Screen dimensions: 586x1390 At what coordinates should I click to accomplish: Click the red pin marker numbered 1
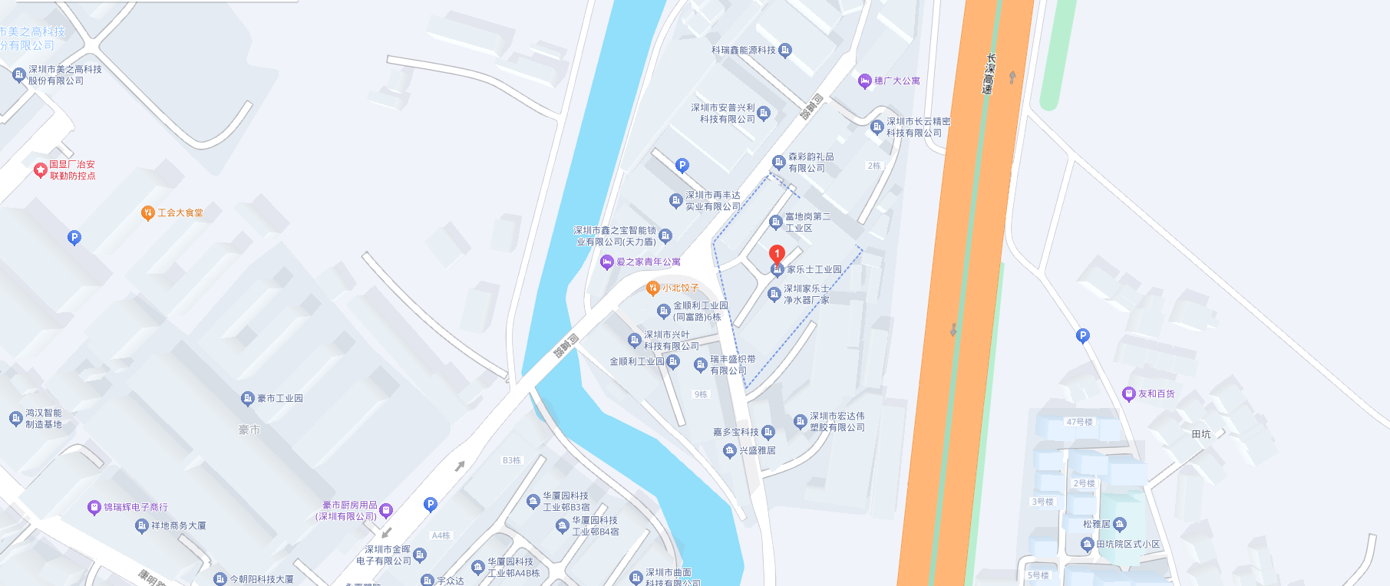(777, 254)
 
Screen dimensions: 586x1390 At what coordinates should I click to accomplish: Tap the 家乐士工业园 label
(814, 270)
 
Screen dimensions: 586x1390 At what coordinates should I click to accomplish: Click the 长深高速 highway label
(989, 74)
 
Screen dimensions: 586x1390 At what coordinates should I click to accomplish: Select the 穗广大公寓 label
(896, 81)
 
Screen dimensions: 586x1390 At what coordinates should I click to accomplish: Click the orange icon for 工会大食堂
(148, 213)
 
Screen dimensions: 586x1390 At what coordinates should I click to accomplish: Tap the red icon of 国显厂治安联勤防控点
(41, 170)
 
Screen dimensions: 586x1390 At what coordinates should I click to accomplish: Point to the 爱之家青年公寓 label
(648, 262)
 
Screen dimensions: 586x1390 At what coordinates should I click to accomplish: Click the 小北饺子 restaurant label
(680, 288)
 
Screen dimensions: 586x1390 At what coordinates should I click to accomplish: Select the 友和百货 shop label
(1156, 394)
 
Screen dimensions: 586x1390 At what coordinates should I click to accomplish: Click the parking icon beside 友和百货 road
(1082, 335)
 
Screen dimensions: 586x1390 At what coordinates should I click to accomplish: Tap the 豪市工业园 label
(279, 399)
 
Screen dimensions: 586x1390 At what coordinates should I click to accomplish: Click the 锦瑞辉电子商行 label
(135, 507)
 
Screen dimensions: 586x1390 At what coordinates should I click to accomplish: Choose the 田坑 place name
(1201, 434)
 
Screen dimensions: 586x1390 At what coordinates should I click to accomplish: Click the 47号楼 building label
(1079, 423)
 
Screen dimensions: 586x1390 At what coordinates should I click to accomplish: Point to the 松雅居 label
(1096, 525)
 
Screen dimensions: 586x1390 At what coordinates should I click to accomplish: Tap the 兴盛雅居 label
(757, 451)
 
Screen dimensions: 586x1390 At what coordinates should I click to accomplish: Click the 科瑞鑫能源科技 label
(743, 51)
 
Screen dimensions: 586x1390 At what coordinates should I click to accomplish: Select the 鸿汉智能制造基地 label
(43, 419)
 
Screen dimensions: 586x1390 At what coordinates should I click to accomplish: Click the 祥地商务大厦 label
(178, 526)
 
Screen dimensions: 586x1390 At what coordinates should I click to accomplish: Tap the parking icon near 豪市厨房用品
(430, 504)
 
